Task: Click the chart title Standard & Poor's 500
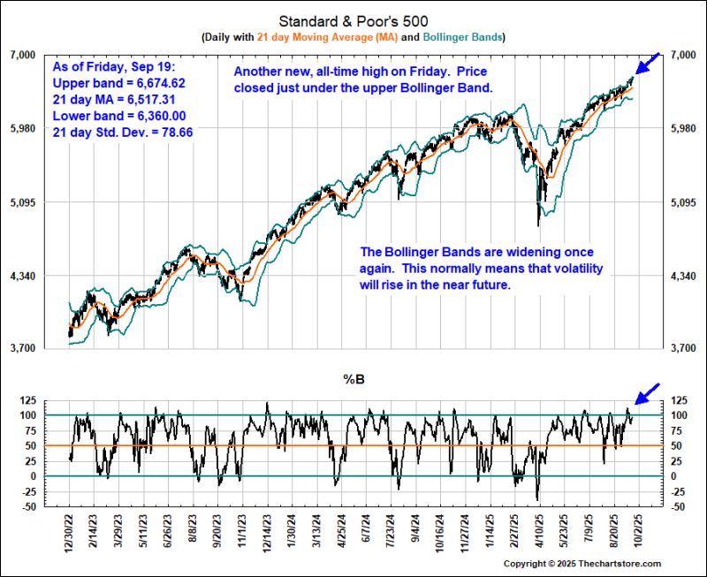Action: click(353, 20)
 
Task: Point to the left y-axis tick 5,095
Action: click(42, 202)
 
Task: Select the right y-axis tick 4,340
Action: click(686, 277)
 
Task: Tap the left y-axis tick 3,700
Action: click(42, 348)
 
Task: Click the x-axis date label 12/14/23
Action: click(267, 531)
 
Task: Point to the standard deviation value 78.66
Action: click(175, 133)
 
